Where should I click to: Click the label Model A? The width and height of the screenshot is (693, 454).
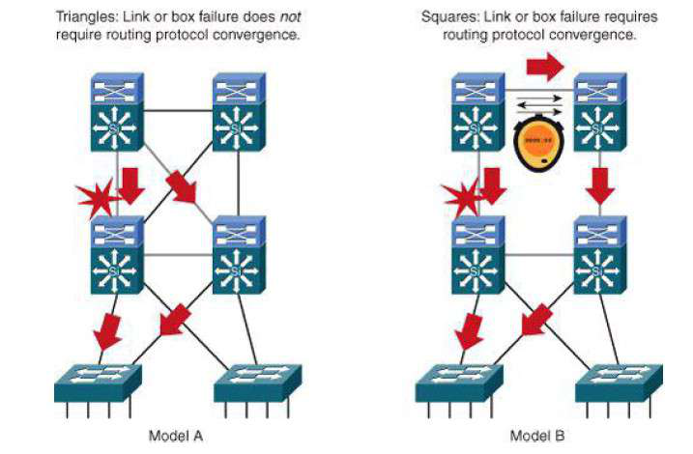click(x=175, y=436)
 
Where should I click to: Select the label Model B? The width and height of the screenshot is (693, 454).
click(x=535, y=436)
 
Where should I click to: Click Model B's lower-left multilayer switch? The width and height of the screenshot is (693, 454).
click(x=478, y=256)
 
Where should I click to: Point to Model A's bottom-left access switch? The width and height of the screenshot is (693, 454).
click(x=98, y=381)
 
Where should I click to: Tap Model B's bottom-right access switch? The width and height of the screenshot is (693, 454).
click(x=618, y=381)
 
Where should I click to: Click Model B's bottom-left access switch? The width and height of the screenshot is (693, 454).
click(x=459, y=381)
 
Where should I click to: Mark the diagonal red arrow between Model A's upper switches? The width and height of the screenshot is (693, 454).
click(x=182, y=185)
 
